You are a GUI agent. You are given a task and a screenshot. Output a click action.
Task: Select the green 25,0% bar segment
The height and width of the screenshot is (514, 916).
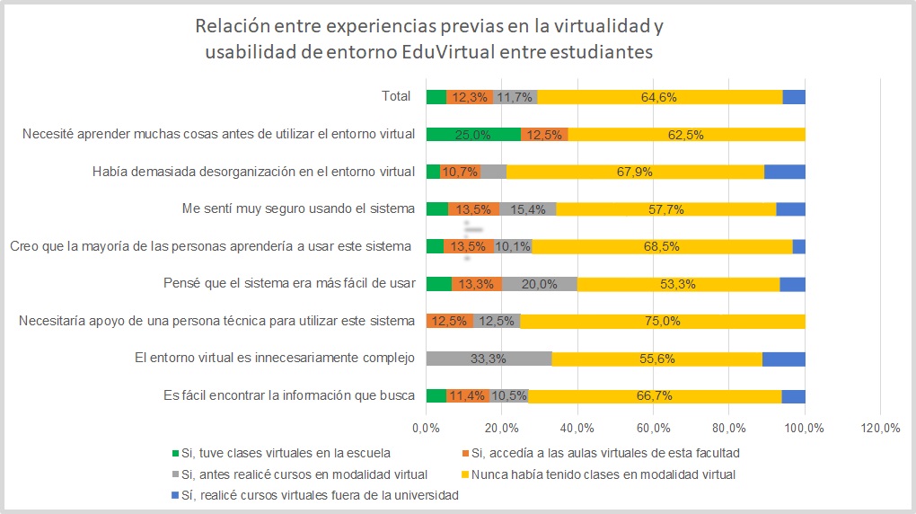tap(473, 135)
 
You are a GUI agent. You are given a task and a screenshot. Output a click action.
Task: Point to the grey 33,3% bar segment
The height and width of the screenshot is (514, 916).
tap(488, 359)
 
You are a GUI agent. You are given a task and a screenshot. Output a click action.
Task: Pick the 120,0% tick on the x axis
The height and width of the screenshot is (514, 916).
tap(880, 429)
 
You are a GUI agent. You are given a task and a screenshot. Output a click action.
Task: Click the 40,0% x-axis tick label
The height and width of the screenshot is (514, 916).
tap(577, 429)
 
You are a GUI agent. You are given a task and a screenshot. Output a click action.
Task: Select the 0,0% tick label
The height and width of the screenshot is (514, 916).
tap(426, 429)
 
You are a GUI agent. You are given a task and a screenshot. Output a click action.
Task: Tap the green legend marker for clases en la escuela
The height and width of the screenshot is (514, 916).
tap(174, 453)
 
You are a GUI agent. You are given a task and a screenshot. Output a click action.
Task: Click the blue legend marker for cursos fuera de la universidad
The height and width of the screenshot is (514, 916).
tap(174, 495)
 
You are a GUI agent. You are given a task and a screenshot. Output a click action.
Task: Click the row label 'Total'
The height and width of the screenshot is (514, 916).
tap(396, 96)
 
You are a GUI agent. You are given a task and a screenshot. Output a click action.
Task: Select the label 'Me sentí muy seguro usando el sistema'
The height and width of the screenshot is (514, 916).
tap(298, 208)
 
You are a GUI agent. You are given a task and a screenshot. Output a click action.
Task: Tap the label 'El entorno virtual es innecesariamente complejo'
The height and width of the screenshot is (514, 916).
tap(274, 359)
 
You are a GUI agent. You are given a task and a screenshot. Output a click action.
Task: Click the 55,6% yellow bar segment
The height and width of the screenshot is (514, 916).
tap(656, 359)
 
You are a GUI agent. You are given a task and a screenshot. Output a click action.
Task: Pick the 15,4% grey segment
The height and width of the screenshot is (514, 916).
tap(527, 209)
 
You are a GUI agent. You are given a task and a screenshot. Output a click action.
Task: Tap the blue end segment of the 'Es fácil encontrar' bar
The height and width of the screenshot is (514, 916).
tap(793, 396)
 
